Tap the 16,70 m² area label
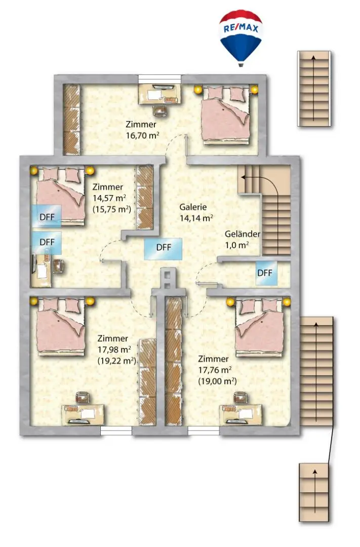click(142, 135)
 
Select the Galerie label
click(193, 207)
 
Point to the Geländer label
click(242, 233)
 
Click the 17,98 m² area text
click(114, 349)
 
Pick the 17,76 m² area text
click(215, 370)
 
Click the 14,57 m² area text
click(109, 198)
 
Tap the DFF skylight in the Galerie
click(163, 248)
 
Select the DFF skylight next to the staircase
click(266, 273)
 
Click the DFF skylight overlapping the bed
click(47, 217)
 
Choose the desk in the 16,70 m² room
click(160, 94)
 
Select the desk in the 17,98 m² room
click(83, 414)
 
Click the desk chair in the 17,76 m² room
click(241, 398)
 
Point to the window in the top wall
click(160, 79)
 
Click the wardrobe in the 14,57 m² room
click(144, 198)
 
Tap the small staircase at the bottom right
click(314, 492)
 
